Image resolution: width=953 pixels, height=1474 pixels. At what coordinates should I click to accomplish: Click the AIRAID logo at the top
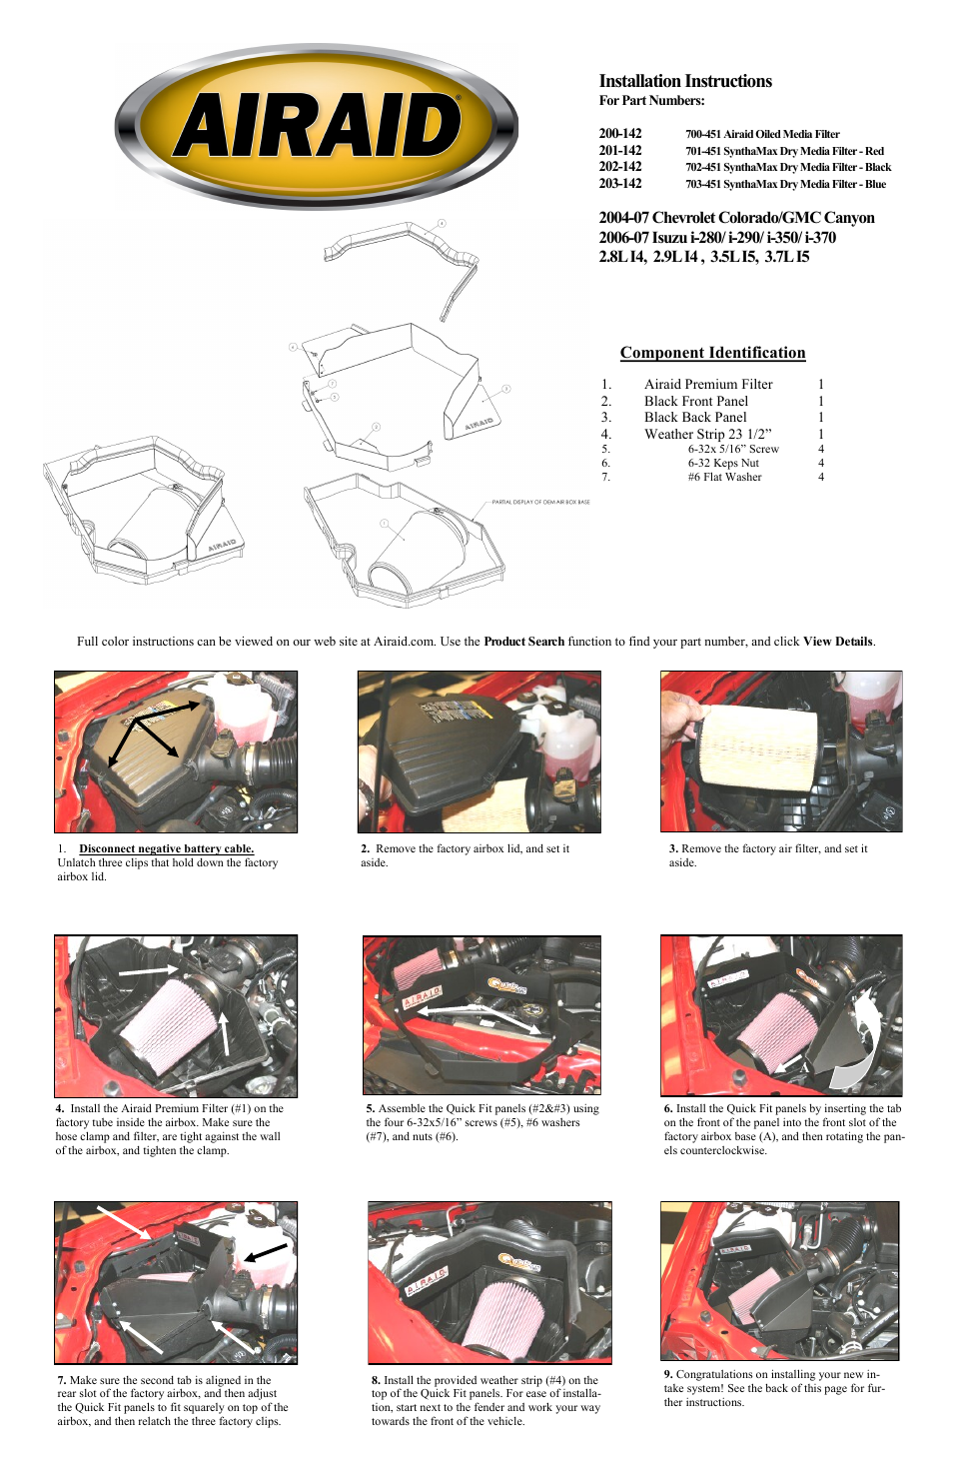317,127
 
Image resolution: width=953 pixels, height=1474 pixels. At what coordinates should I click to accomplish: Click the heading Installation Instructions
684,81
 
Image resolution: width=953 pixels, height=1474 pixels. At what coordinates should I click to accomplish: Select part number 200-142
620,134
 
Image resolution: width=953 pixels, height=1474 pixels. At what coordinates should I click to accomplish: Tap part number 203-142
620,184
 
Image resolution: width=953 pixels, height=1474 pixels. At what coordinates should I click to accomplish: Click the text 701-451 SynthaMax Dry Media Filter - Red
784,151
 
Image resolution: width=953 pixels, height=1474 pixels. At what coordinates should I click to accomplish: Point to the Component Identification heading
712,353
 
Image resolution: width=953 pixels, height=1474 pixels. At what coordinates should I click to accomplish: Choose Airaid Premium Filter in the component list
708,384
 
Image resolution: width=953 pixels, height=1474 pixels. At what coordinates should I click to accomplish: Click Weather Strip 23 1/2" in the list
707,434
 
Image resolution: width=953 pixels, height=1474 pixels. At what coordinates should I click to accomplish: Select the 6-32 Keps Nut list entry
723,463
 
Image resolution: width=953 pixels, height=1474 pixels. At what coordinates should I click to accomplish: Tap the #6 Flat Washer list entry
724,477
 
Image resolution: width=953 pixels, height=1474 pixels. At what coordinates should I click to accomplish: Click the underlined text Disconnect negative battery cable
166,848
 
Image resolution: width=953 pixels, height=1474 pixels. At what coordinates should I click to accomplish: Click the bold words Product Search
523,642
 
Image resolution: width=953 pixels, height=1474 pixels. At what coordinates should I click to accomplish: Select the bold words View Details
837,642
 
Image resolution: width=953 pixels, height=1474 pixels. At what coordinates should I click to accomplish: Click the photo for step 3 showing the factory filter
780,751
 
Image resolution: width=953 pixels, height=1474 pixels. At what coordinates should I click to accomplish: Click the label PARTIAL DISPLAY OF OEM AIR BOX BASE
540,502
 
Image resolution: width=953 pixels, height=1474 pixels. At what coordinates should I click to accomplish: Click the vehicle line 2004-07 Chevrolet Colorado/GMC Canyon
736,218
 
